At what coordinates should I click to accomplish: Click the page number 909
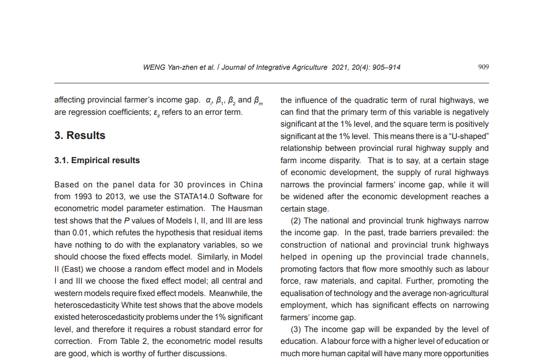click(483, 67)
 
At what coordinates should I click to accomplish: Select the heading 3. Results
click(80, 136)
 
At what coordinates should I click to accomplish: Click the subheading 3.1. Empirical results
click(97, 160)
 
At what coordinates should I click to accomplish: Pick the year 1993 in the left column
click(83, 196)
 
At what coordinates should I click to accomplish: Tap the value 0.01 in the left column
click(83, 233)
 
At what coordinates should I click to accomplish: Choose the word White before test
click(132, 305)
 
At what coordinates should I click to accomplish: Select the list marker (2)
click(297, 221)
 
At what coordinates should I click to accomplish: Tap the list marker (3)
click(297, 329)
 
